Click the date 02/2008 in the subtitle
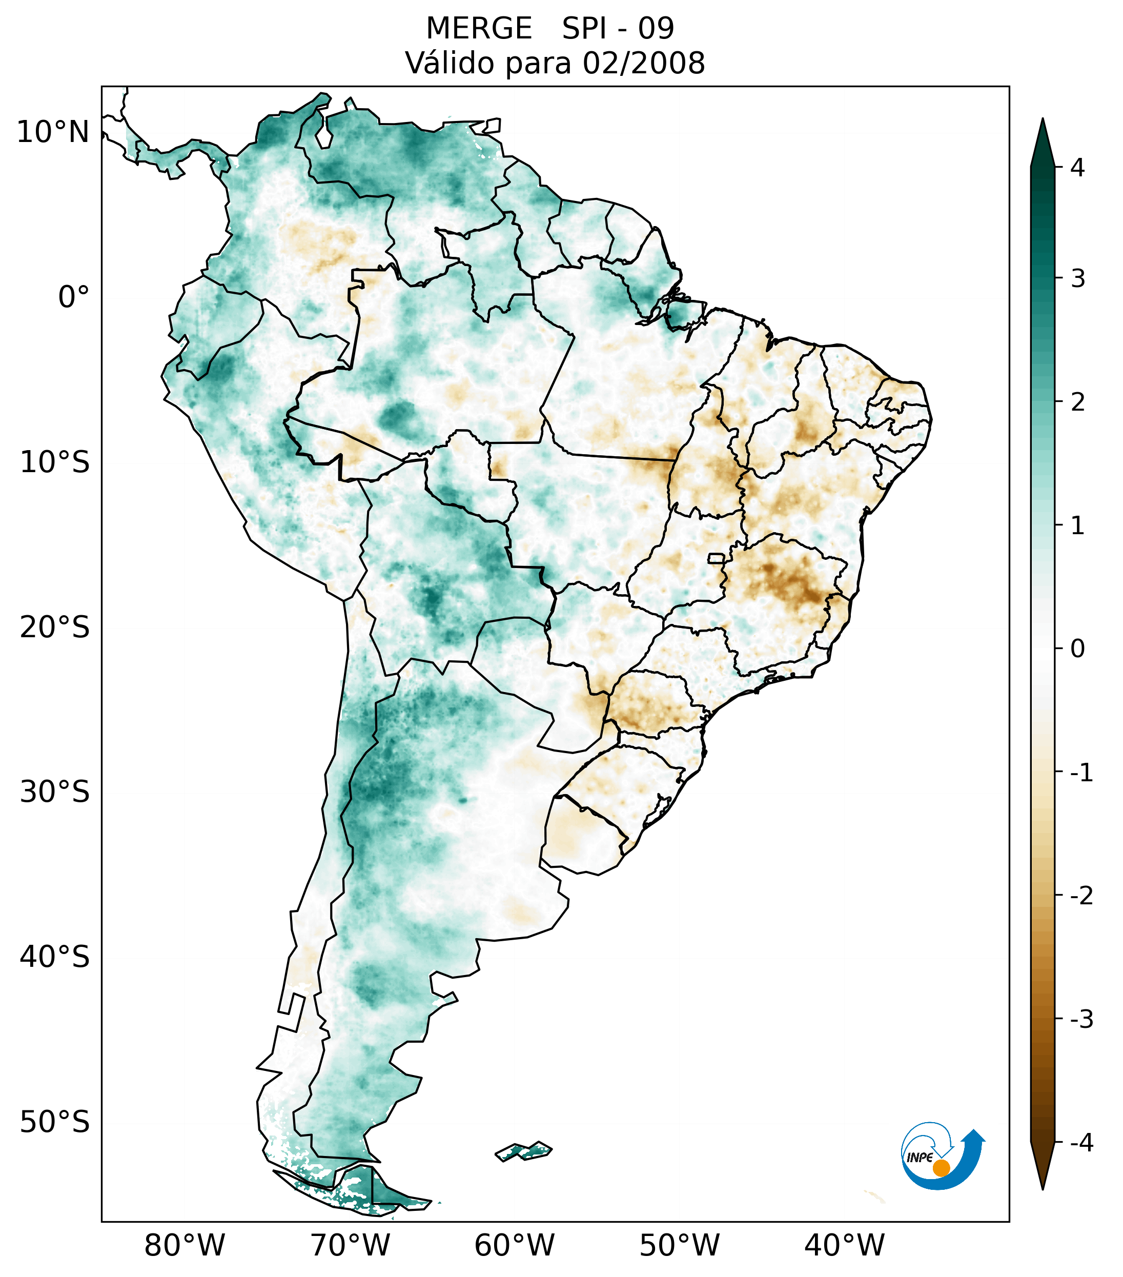tap(643, 63)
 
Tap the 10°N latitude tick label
tap(53, 132)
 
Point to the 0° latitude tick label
tap(74, 297)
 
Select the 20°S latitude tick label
tap(55, 626)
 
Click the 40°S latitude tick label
tap(55, 957)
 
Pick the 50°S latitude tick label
tap(55, 1122)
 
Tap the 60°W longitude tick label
tap(514, 1245)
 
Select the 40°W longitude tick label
tap(844, 1245)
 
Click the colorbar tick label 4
tap(1077, 168)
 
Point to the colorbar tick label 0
tap(1077, 648)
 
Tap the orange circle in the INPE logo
tap(941, 1168)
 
